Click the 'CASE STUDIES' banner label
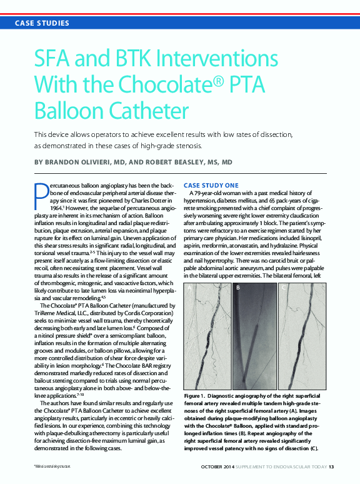pyautogui.click(x=43, y=23)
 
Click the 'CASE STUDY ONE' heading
pyautogui.click(x=211, y=185)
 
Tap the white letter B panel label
pyautogui.click(x=238, y=288)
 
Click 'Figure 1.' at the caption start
pyautogui.click(x=199, y=397)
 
